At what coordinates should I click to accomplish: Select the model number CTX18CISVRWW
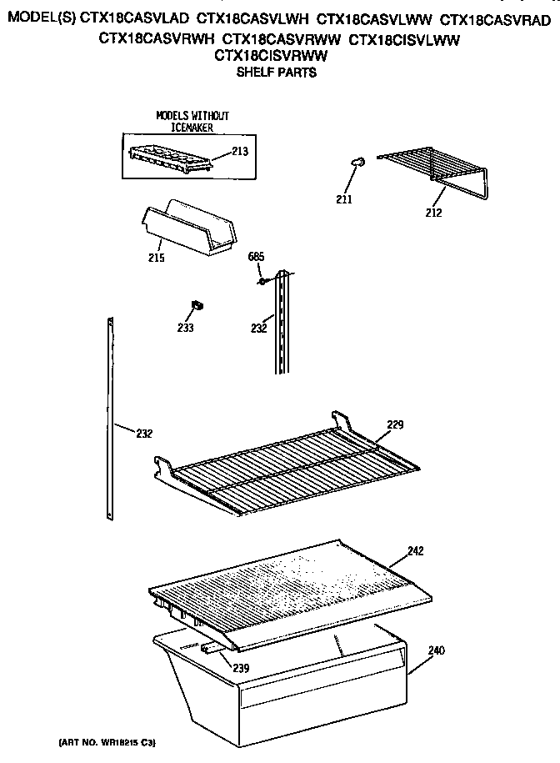click(270, 56)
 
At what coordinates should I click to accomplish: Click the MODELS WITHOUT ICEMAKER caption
click(192, 122)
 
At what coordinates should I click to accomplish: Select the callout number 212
click(432, 213)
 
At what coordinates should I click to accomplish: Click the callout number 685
click(257, 258)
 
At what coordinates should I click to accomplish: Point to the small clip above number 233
click(197, 308)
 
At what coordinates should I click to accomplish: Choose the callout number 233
click(184, 328)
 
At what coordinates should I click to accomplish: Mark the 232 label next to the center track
click(258, 328)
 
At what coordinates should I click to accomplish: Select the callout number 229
click(394, 425)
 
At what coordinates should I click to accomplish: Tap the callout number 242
click(417, 550)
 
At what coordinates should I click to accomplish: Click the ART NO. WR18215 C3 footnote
click(107, 741)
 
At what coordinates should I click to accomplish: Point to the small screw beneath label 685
click(262, 282)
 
